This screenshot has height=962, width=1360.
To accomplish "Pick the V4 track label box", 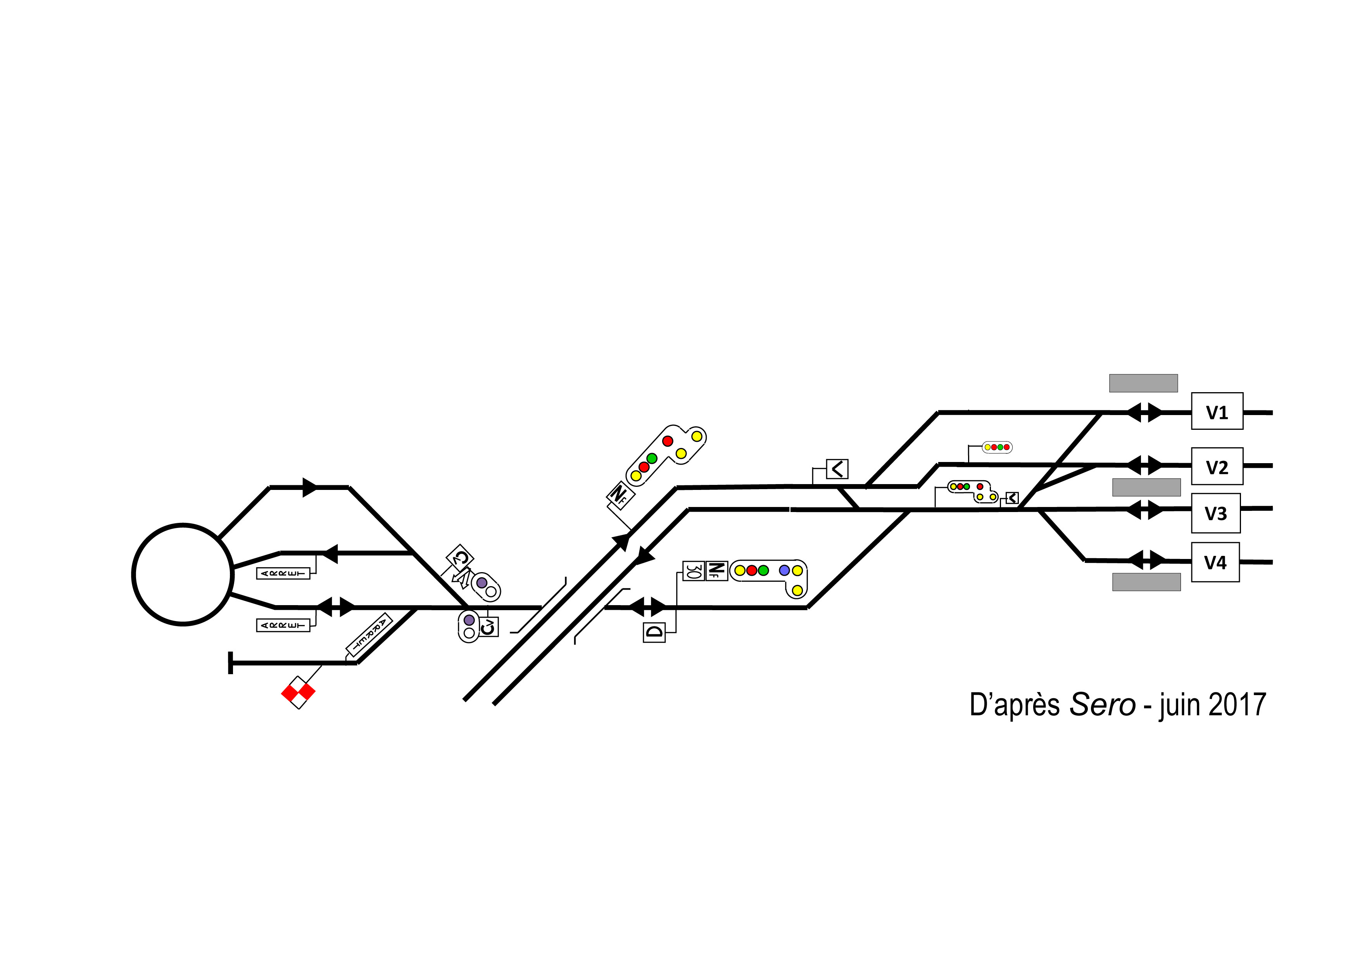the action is pos(1215,562).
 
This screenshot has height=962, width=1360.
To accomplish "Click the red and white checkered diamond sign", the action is pos(298,692).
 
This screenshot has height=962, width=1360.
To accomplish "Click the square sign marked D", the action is pos(654,632).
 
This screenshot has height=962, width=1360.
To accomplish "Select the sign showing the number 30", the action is pos(694,571).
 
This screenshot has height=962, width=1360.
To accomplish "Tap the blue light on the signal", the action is pos(784,570).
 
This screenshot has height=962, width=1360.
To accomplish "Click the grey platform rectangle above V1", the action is pos(1143,383).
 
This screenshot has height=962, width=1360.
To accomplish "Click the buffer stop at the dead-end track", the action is pos(230,663).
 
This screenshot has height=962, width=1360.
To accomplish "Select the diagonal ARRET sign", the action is pos(369,635).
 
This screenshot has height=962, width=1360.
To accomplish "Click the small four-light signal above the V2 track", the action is pos(997,447).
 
